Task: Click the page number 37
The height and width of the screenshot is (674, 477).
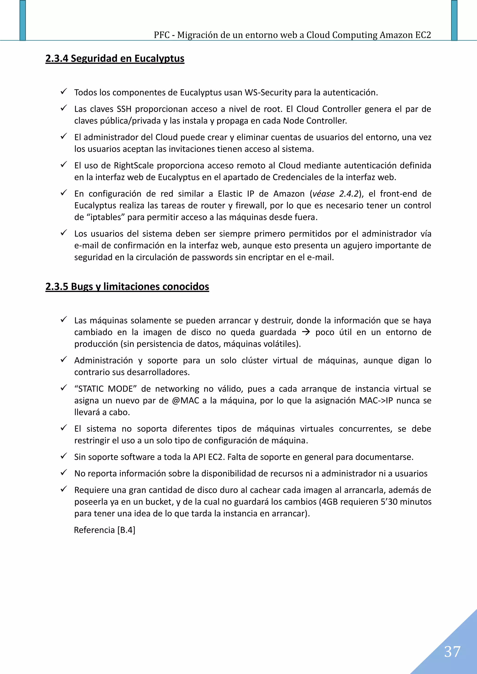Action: click(x=452, y=652)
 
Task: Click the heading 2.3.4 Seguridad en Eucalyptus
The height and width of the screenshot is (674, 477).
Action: click(x=115, y=58)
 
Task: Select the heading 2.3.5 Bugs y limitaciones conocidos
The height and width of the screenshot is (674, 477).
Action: click(x=127, y=286)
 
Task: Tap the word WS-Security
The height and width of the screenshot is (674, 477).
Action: click(x=268, y=92)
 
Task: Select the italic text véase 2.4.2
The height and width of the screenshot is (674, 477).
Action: click(x=335, y=194)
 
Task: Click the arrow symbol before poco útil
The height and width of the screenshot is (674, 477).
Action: click(x=306, y=332)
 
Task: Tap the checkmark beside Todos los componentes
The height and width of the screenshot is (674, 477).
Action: click(x=64, y=92)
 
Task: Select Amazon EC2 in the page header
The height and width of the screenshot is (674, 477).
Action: click(x=405, y=35)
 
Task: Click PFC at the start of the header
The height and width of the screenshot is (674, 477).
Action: click(x=162, y=35)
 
